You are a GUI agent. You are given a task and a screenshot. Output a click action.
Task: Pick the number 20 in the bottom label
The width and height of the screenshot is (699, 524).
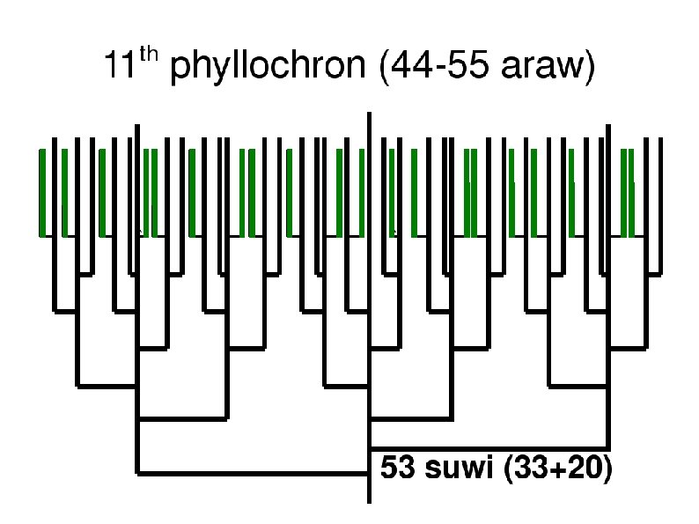click(579, 469)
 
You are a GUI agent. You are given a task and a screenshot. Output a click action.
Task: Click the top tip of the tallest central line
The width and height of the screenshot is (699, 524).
click(368, 115)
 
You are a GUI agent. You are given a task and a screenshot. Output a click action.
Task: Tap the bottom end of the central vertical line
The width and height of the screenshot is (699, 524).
click(368, 500)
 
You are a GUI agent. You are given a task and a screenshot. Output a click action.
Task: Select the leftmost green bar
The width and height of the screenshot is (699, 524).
click(41, 193)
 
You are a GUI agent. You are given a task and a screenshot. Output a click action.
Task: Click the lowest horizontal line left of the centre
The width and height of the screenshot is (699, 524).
click(253, 474)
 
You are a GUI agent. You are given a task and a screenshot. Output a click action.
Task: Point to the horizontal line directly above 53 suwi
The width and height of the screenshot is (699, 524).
click(489, 447)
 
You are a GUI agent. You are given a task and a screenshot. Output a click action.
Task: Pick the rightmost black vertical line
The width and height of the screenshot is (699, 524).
click(661, 206)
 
